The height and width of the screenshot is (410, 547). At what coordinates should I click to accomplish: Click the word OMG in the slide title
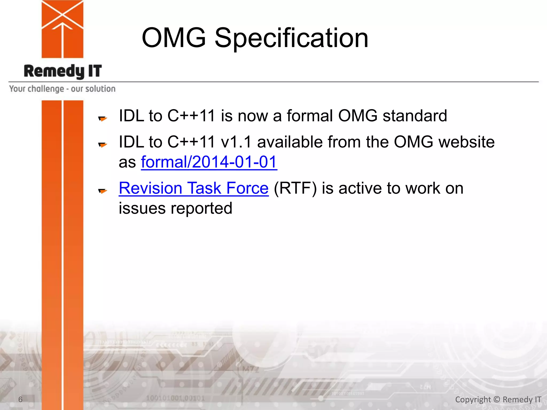174,38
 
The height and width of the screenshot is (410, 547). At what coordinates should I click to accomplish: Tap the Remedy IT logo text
63,71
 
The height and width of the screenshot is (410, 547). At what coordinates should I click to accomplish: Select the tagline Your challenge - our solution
62,89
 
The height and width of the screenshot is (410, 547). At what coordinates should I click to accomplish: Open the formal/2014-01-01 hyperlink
209,162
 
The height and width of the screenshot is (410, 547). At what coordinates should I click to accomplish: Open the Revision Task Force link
194,188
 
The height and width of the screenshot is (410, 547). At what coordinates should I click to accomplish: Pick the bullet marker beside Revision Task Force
103,191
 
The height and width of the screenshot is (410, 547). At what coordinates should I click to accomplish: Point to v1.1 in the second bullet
236,142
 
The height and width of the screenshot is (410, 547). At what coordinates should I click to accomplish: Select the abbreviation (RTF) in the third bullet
295,188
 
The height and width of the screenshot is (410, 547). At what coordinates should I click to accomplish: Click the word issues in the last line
142,208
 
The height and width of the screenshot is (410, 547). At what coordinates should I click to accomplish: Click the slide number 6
20,399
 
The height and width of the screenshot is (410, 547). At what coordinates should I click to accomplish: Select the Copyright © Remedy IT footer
498,399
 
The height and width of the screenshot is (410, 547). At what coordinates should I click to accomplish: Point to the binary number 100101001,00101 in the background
175,398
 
